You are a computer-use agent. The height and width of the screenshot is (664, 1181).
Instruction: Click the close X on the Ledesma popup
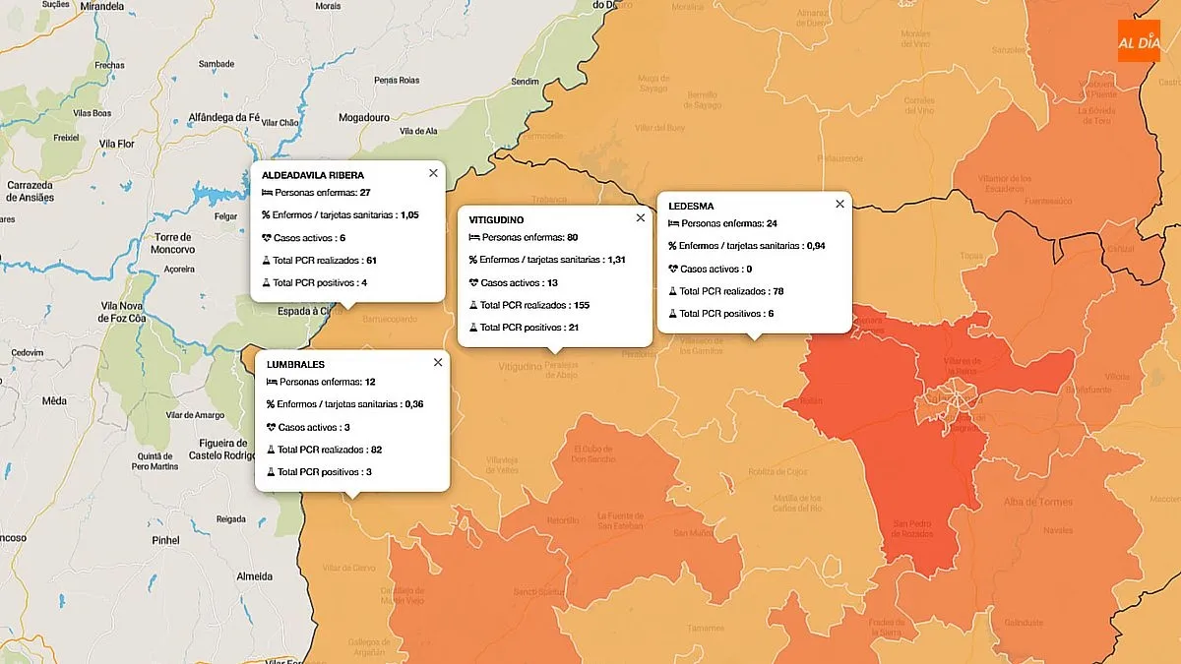coord(839,205)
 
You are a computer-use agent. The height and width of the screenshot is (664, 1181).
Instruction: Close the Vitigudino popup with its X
coord(641,218)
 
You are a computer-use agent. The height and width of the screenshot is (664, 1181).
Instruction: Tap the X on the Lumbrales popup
coord(438,363)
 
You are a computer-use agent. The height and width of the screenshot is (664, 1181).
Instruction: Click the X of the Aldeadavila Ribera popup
coord(433,173)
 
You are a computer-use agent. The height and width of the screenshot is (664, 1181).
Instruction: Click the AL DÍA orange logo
coord(1139,41)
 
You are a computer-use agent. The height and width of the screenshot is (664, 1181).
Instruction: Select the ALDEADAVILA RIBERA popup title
coord(313,175)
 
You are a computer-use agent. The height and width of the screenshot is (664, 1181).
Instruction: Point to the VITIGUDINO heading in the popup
coord(496,219)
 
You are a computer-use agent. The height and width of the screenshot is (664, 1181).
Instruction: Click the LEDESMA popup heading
coord(691,207)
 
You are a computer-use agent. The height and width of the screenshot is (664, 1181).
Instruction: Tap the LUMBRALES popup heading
coord(295,364)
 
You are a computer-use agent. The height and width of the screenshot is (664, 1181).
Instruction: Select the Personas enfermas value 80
coord(572,237)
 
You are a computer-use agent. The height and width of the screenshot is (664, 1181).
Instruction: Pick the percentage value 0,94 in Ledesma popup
coord(815,246)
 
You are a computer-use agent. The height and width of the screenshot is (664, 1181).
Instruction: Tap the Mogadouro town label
coord(364,117)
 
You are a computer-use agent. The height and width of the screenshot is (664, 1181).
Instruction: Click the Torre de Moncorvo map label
coord(175,244)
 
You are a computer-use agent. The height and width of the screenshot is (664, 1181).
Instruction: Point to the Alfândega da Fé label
coord(223,117)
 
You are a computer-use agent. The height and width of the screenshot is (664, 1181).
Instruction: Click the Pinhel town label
coord(165,540)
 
